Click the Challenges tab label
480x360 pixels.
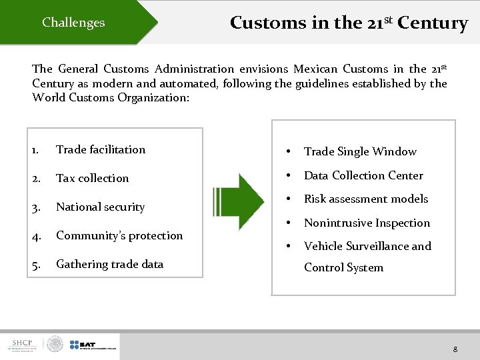pyautogui.click(x=73, y=23)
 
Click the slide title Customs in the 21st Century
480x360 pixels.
pyautogui.click(x=349, y=23)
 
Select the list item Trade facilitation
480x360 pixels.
pyautogui.click(x=101, y=149)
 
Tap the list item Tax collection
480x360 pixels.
pyautogui.click(x=92, y=178)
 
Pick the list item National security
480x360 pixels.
pyautogui.click(x=100, y=207)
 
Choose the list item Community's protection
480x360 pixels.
pyautogui.click(x=119, y=235)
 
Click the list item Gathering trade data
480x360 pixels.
pyautogui.click(x=109, y=264)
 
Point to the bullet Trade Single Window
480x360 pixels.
pyautogui.click(x=360, y=152)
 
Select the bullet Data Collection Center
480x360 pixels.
pyautogui.click(x=363, y=175)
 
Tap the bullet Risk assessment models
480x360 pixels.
pyautogui.click(x=366, y=199)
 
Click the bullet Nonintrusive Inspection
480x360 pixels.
pyautogui.click(x=367, y=223)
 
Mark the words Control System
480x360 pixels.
pyautogui.click(x=343, y=267)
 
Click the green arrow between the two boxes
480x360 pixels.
pyautogui.click(x=239, y=198)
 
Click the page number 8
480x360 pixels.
pyautogui.click(x=455, y=349)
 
